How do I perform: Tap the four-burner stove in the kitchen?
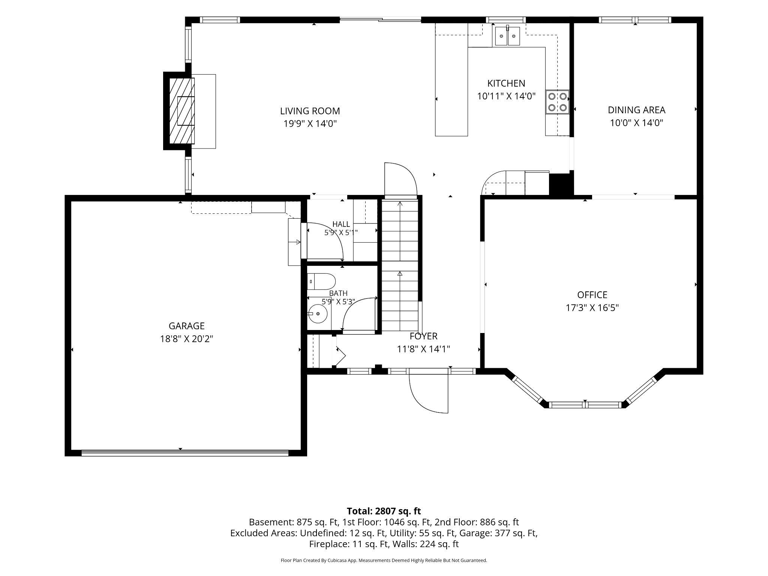click(557, 102)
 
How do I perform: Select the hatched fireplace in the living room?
click(182, 111)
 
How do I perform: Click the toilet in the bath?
click(321, 281)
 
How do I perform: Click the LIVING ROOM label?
click(310, 111)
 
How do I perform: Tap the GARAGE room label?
click(186, 326)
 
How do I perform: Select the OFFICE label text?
click(592, 295)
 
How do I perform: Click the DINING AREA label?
click(636, 110)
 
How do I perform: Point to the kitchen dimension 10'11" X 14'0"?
click(506, 96)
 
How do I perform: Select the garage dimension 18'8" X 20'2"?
click(186, 339)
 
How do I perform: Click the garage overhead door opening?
click(185, 453)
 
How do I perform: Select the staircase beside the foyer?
click(400, 265)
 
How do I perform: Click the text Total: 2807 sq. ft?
click(384, 511)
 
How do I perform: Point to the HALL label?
click(341, 224)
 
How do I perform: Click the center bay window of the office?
click(585, 405)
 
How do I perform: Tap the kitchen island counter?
click(451, 79)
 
